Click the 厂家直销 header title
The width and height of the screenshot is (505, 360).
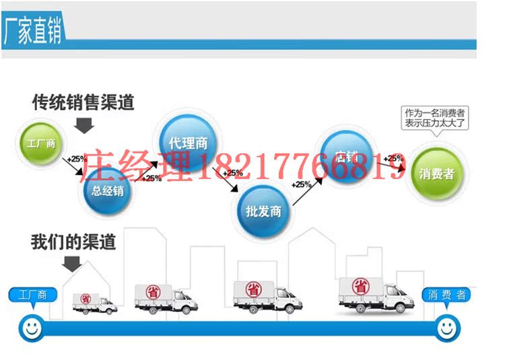[x=34, y=31]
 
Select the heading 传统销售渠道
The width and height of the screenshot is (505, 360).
[x=83, y=103]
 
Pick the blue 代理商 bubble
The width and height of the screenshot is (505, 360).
[x=183, y=143]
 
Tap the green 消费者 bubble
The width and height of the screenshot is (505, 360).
[x=437, y=174]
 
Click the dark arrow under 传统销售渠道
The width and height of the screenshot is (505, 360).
[x=84, y=125]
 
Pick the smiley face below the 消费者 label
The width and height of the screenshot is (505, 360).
[x=446, y=328]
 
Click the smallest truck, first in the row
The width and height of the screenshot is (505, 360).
[x=94, y=303]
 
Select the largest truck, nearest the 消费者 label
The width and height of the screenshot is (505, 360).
[x=374, y=294]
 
